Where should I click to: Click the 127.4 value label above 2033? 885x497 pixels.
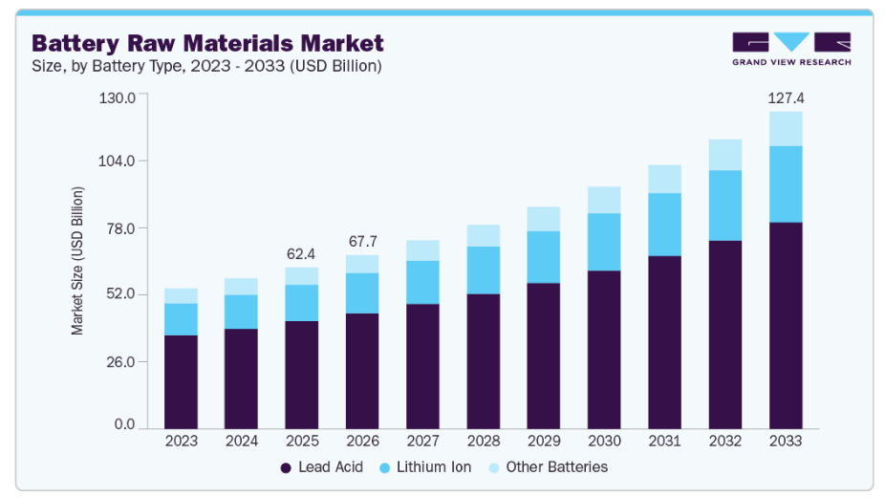tap(786, 97)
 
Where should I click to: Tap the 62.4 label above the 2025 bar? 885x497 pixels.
tap(302, 254)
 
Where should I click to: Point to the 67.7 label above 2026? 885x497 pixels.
tap(362, 241)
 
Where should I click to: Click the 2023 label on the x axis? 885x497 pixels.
tap(181, 442)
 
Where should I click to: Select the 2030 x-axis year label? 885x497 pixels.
tap(604, 442)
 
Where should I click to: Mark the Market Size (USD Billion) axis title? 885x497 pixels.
tap(77, 260)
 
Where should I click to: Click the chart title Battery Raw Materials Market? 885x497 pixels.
tap(207, 43)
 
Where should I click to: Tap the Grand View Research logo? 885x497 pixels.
tap(790, 49)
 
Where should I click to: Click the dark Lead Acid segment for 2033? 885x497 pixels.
tap(786, 325)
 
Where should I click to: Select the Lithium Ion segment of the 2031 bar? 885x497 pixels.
tap(664, 225)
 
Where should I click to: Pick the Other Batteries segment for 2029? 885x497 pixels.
tap(544, 219)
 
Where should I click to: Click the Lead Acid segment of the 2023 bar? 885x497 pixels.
tap(181, 381)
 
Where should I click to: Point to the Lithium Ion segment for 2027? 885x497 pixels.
tap(422, 282)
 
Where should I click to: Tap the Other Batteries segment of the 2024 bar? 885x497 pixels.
tap(241, 287)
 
